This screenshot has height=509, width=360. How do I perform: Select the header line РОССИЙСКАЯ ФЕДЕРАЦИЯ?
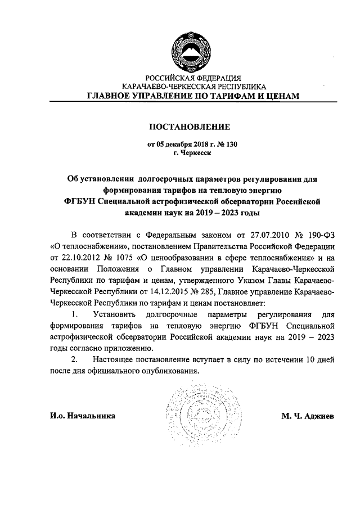click(193, 78)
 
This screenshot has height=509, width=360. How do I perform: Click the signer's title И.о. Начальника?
click(83, 416)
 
